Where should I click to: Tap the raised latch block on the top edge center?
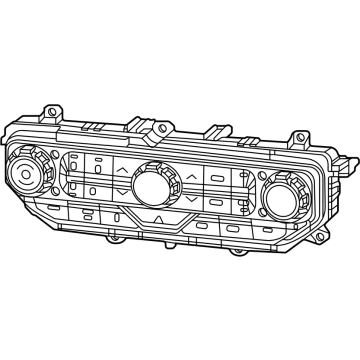tap(157, 127)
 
